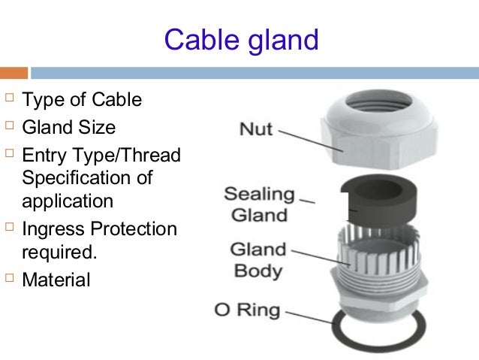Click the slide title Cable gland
coord(241,39)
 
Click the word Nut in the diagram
coord(256,129)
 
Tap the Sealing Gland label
coord(260,204)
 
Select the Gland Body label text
coord(258,259)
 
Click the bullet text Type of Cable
coord(82,100)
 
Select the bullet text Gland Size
coord(69,127)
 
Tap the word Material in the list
coord(56,280)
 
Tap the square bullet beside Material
coord(9,280)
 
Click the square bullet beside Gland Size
coord(9,126)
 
